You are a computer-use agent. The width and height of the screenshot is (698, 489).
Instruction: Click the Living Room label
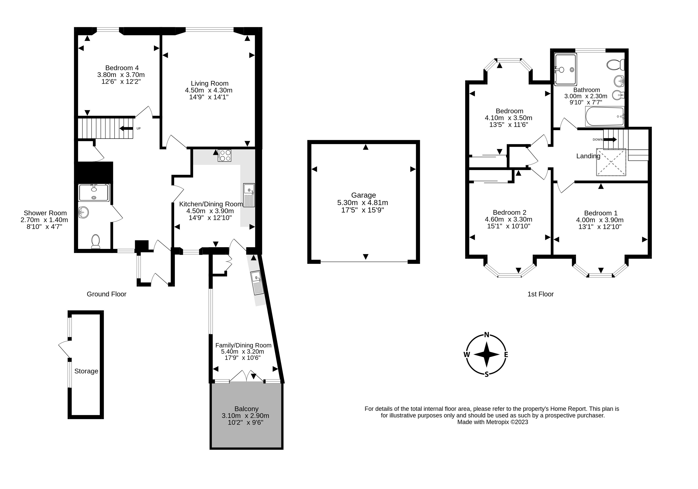click(210, 83)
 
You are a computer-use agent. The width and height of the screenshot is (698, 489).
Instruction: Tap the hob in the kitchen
click(224, 156)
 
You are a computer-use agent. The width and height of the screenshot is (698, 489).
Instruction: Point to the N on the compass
click(486, 335)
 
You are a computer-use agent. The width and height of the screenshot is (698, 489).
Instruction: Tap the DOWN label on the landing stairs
click(597, 140)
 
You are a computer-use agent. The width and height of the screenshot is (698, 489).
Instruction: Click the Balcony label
click(246, 409)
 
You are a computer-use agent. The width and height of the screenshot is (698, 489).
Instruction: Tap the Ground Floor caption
click(106, 294)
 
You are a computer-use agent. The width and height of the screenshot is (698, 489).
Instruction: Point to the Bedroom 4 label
click(122, 68)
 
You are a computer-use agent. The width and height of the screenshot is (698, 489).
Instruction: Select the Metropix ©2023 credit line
click(492, 422)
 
